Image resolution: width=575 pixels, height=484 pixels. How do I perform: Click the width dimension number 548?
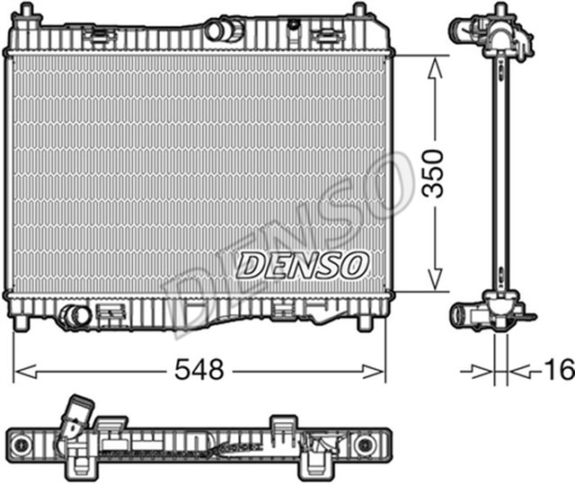(x=199, y=369)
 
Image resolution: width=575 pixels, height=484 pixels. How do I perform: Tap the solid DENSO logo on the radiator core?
(x=303, y=264)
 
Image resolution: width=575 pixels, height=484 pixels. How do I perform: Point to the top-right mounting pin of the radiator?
(x=358, y=12)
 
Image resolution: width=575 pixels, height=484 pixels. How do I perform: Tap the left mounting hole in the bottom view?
(x=21, y=444)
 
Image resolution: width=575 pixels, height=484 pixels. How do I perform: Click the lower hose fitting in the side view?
(x=467, y=314)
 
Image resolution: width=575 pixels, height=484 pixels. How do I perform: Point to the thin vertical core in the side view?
(x=493, y=171)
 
